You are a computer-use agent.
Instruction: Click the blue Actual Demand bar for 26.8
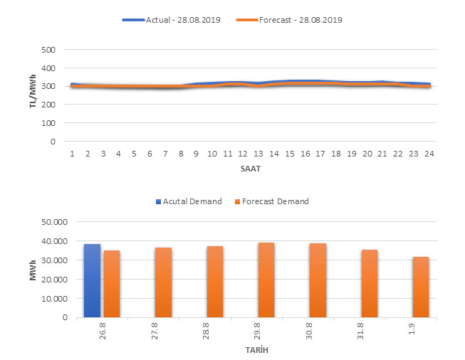pos(92,281)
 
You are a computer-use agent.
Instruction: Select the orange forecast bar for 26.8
pos(112,284)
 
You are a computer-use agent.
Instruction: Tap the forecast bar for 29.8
pos(266,280)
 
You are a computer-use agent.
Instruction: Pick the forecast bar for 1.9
pos(421,287)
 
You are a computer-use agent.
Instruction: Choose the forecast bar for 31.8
pos(370,284)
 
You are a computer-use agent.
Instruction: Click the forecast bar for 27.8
pos(163,282)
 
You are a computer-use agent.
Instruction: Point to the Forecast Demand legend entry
pos(273,201)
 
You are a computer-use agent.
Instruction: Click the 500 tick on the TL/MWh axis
pos(48,50)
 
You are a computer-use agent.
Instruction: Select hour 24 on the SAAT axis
pos(429,153)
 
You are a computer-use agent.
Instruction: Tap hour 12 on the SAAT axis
pos(243,153)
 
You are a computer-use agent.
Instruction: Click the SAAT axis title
pos(250,170)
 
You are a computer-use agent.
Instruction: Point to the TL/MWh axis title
pos(33,96)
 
